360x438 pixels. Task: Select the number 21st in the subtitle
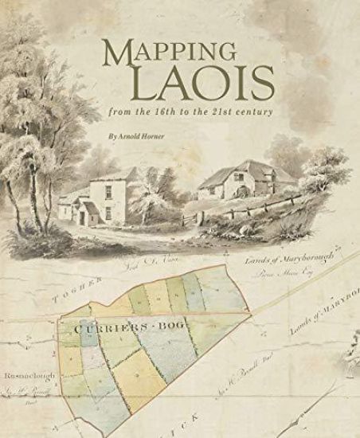coord(231,112)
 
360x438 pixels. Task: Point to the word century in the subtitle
coord(259,112)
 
